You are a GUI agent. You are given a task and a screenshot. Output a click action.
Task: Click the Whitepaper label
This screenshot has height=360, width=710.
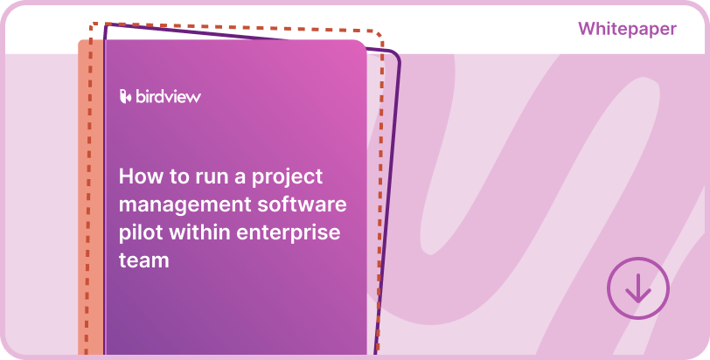[627, 29]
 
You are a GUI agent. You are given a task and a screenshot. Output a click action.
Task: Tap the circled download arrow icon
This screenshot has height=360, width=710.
[637, 287]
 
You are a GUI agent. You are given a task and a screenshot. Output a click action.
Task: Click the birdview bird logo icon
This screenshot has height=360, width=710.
[125, 96]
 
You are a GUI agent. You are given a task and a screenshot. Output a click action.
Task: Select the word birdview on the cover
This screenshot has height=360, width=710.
[168, 97]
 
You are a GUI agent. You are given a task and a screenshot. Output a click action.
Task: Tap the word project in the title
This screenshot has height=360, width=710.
[288, 178]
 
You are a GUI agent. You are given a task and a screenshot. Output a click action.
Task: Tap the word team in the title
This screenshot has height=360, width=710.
[143, 260]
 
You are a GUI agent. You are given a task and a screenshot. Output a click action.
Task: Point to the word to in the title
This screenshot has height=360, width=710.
[178, 177]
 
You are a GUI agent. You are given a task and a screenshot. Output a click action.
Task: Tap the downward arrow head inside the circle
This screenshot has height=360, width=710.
[637, 298]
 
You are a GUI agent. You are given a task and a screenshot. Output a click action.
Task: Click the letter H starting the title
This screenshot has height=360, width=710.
[126, 177]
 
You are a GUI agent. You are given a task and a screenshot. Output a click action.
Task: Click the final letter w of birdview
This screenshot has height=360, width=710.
[194, 97]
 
